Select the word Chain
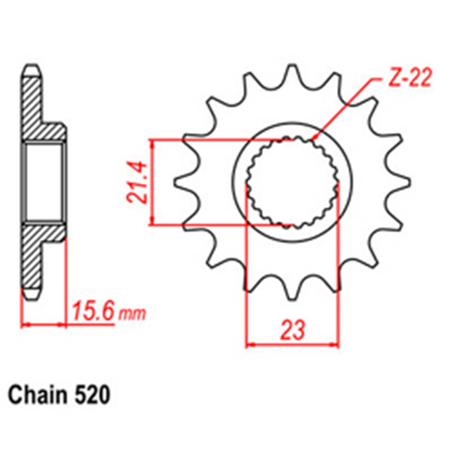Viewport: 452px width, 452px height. click(42, 395)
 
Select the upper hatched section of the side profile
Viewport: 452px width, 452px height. click(36, 108)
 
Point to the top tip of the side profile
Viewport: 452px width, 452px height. click(32, 68)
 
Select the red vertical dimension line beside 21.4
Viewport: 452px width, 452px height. click(153, 181)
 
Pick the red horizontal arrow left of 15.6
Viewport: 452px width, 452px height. click(41, 324)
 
